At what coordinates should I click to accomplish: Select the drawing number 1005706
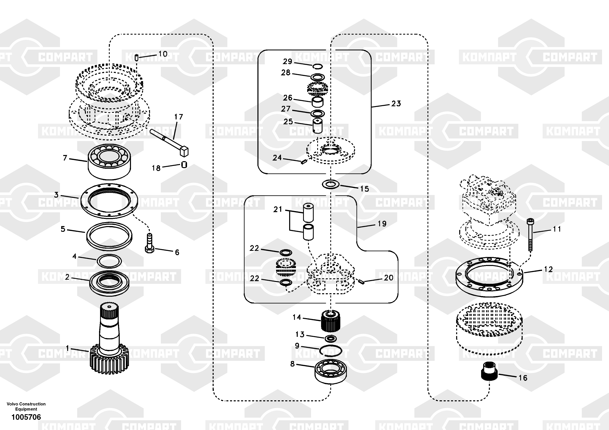26,417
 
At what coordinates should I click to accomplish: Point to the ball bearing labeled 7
109,161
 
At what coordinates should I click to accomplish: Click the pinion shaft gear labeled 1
109,345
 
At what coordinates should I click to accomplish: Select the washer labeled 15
330,184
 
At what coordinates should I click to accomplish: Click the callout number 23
396,104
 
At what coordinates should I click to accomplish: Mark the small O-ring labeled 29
317,66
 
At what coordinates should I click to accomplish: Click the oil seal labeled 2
109,283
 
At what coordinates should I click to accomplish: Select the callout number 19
382,224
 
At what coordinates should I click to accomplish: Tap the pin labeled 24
304,162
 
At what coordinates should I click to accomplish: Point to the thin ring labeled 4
109,261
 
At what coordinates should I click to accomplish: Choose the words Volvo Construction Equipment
26,406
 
